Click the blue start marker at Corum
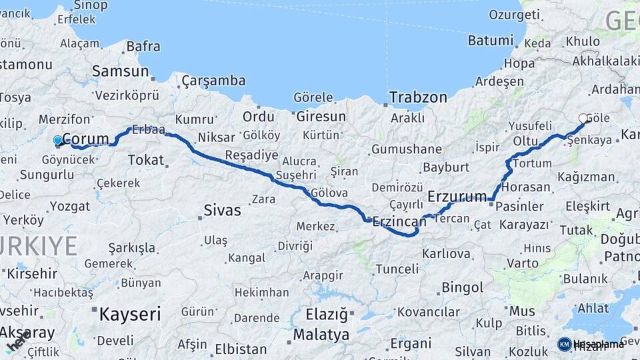(x=58, y=141)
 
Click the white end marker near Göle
(x=583, y=119)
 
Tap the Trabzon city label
(x=418, y=97)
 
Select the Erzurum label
(x=457, y=197)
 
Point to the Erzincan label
(x=399, y=221)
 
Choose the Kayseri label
(x=130, y=314)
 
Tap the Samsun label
(x=120, y=71)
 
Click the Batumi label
(x=490, y=41)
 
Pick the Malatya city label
(x=321, y=334)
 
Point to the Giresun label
(x=321, y=117)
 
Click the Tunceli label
(x=397, y=269)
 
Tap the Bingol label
(x=462, y=288)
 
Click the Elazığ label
(x=327, y=313)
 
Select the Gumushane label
(x=407, y=149)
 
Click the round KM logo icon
(x=564, y=344)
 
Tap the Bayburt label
(x=447, y=167)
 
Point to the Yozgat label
(x=70, y=206)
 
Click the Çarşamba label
(x=213, y=81)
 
